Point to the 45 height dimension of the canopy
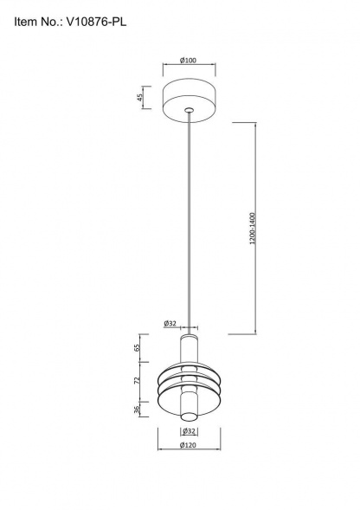140,97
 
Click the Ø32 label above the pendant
170,323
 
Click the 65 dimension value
137,349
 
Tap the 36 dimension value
137,409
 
